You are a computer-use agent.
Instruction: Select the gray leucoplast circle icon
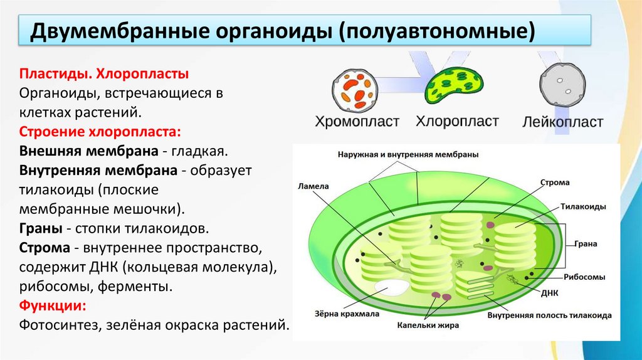point(562,87)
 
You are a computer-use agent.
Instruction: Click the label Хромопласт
point(357,121)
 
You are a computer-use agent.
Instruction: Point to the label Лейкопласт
point(562,122)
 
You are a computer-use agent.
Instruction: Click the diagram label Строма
point(555,183)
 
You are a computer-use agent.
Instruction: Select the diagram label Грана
point(588,243)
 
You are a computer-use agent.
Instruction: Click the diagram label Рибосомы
point(584,276)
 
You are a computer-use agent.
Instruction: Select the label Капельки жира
point(428,326)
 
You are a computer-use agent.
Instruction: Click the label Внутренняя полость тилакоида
point(549,315)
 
